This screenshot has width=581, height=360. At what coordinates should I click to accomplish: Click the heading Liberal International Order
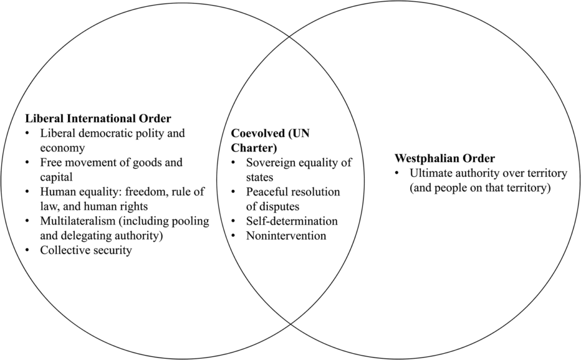[98, 119]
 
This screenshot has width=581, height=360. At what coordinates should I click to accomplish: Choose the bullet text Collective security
[86, 250]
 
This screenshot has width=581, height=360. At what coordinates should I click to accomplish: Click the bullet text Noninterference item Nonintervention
[286, 235]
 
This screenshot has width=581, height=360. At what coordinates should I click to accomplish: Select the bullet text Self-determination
[292, 221]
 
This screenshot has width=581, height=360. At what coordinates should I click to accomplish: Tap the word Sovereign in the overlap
[271, 163]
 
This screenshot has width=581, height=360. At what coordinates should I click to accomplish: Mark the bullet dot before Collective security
[28, 250]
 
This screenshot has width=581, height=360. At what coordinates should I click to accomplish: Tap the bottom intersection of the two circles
[290, 324]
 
